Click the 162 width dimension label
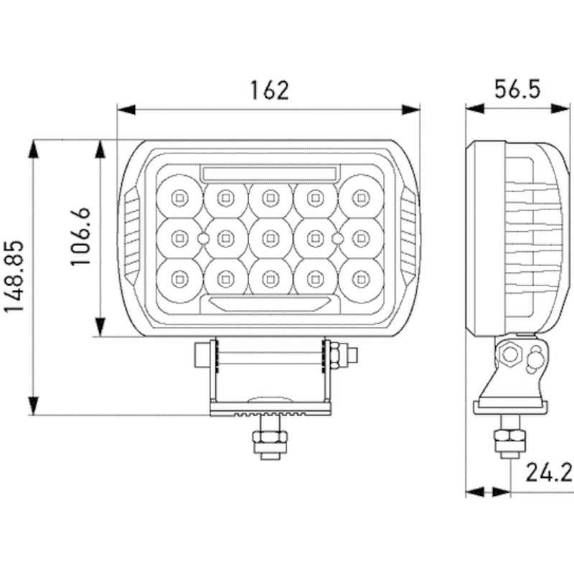(x=269, y=90)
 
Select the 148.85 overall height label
(x=16, y=277)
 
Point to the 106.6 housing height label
(x=80, y=237)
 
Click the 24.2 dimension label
(x=548, y=473)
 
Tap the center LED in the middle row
(x=270, y=237)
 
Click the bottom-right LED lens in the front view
(x=361, y=278)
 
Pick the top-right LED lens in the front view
(x=361, y=195)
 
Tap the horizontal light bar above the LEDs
(x=270, y=172)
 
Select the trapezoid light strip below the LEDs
(x=270, y=302)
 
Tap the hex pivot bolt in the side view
(x=512, y=354)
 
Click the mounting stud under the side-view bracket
(x=510, y=439)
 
